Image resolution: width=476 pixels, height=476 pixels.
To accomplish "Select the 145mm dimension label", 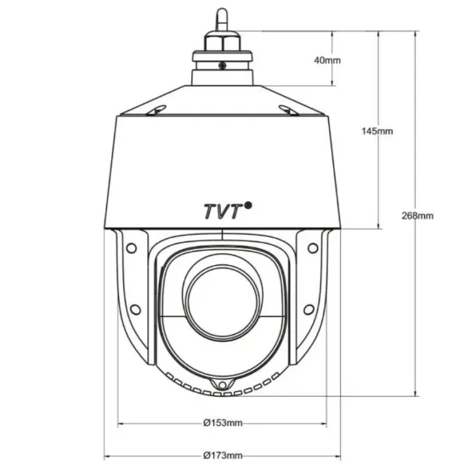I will click(x=377, y=132).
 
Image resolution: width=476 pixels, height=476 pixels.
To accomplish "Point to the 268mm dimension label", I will click(x=417, y=216).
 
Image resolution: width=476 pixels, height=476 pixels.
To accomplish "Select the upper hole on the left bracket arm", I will click(x=132, y=247).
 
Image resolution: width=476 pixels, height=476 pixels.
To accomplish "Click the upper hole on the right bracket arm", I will click(x=313, y=247).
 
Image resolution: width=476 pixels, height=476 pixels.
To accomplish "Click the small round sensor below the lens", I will click(x=224, y=388).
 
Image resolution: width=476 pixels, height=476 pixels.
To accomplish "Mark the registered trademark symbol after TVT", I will click(x=248, y=204).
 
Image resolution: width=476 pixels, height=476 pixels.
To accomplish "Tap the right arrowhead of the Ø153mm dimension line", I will click(x=327, y=422).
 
